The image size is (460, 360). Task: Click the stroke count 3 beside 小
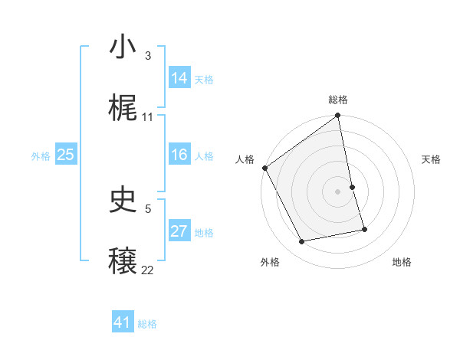pyautogui.click(x=147, y=56)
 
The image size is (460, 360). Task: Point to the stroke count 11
pyautogui.click(x=148, y=117)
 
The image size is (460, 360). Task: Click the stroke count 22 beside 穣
pyautogui.click(x=148, y=270)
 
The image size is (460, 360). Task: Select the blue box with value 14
pyautogui.click(x=179, y=78)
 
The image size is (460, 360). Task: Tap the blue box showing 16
pyautogui.click(x=179, y=155)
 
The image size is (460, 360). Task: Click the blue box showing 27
pyautogui.click(x=179, y=231)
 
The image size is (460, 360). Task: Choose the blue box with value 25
pyautogui.click(x=66, y=155)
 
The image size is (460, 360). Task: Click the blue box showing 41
pyautogui.click(x=123, y=322)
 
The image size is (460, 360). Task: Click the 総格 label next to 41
pyautogui.click(x=147, y=324)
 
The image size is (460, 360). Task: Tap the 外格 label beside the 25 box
pyautogui.click(x=41, y=156)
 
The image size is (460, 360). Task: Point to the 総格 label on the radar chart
pyautogui.click(x=338, y=100)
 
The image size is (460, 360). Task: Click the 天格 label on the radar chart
pyautogui.click(x=432, y=159)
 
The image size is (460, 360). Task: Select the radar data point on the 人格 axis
pyautogui.click(x=264, y=168)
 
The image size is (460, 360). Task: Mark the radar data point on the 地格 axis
pyautogui.click(x=364, y=229)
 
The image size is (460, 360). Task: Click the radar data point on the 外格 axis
pyautogui.click(x=302, y=242)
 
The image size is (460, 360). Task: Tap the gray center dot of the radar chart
pyautogui.click(x=338, y=191)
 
